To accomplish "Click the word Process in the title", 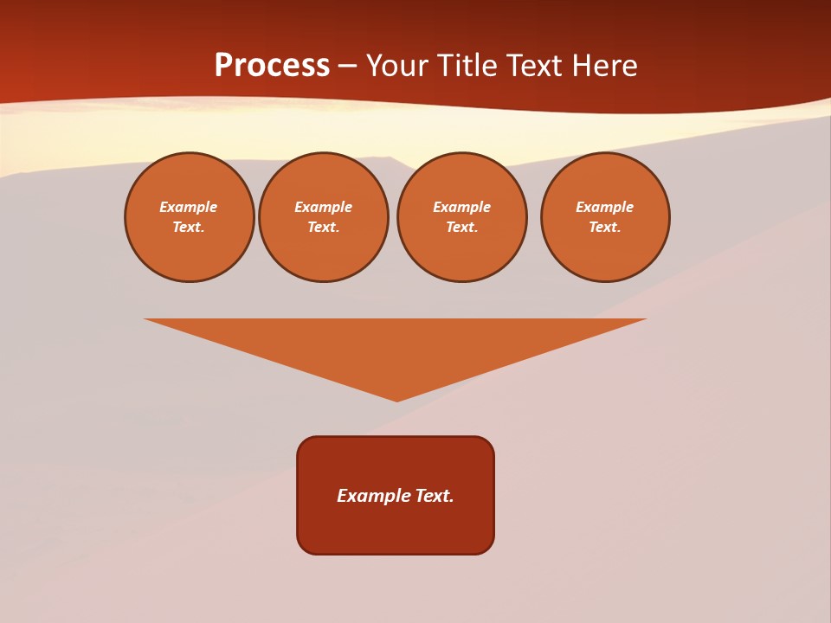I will click(272, 66).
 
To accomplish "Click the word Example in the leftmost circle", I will click(189, 207).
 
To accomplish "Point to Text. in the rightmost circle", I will click(604, 227).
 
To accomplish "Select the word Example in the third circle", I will click(461, 207).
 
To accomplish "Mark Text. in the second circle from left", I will click(323, 227).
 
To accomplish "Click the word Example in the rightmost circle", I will click(604, 207).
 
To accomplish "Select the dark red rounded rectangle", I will click(396, 528).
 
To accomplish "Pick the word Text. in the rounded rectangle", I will click(435, 496).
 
